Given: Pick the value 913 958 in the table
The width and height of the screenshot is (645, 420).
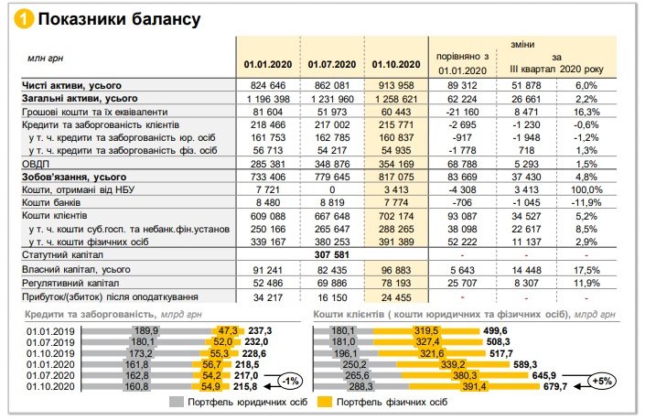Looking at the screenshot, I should (396, 85).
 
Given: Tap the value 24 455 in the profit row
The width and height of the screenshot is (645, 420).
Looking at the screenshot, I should (398, 297).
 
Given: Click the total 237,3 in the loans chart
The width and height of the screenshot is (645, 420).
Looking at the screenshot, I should (259, 329).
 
